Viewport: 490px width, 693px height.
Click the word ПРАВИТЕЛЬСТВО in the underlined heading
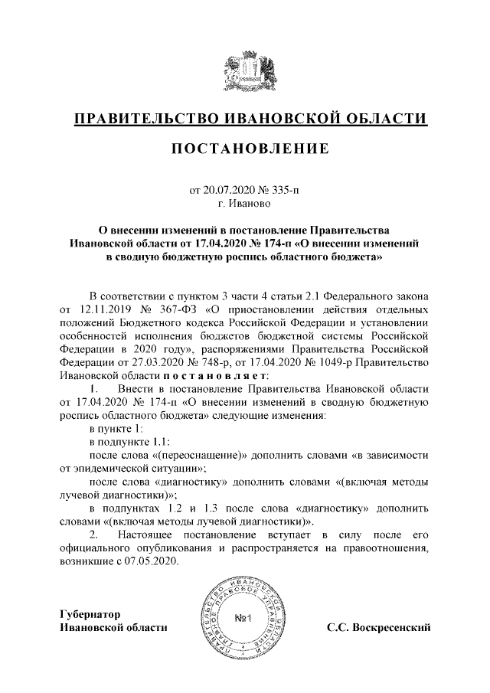pos(142,119)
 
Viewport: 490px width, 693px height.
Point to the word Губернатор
pos(90,614)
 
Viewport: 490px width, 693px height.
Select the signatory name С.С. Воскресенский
pos(377,628)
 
